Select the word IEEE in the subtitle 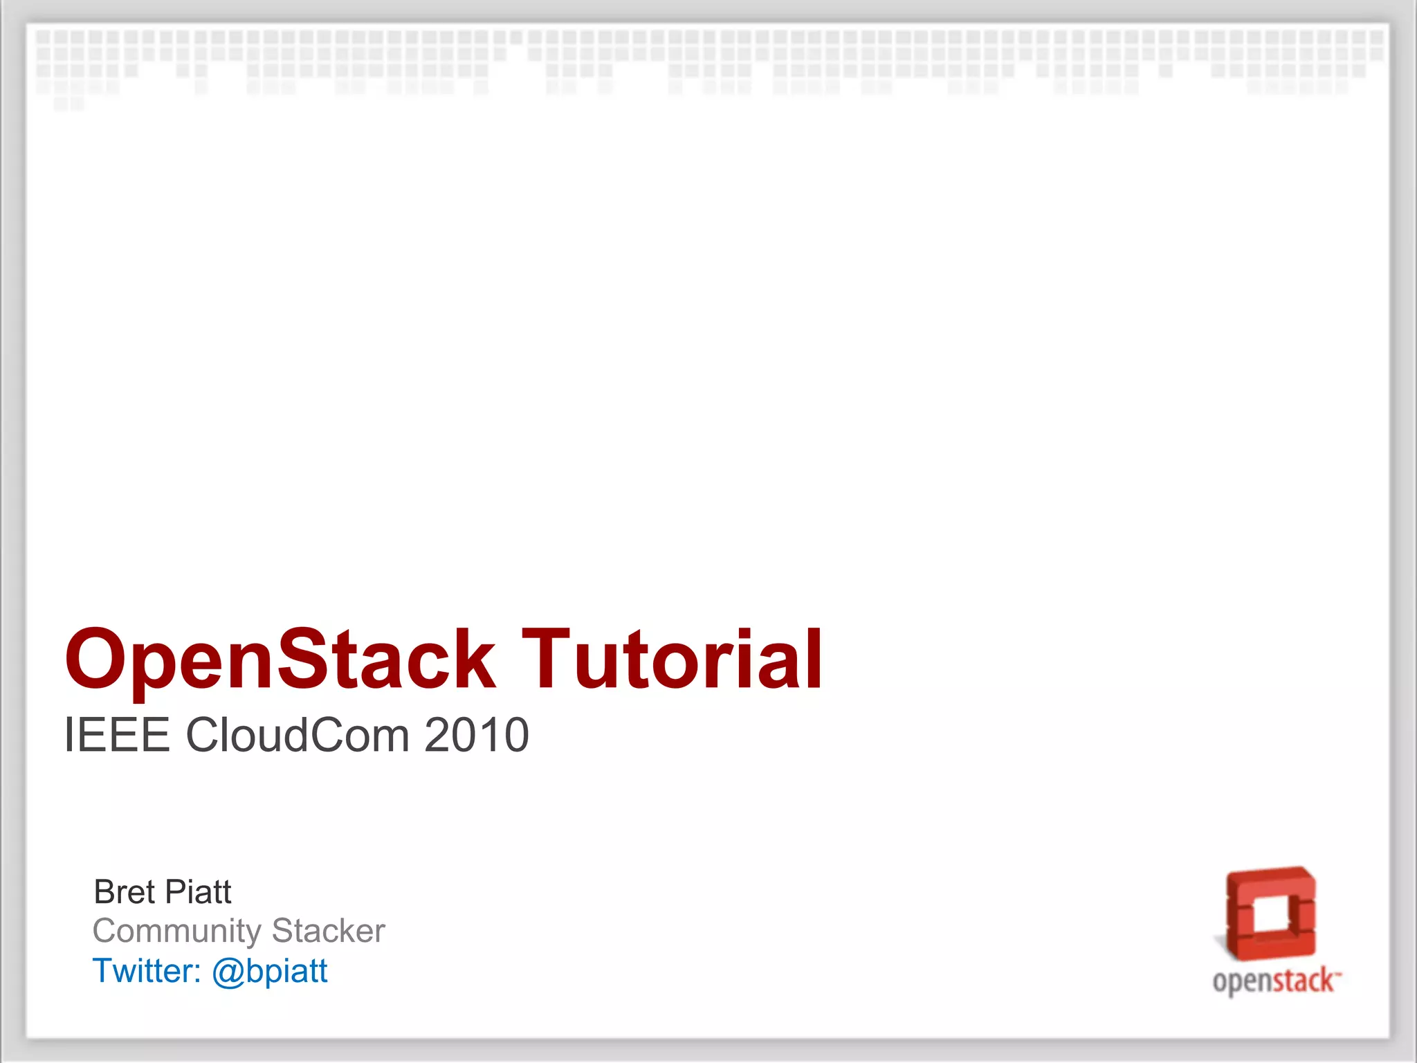coord(116,735)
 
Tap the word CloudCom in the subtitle coord(297,735)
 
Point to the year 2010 coord(477,735)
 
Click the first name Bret coord(124,892)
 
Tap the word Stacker coord(329,931)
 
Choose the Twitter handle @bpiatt coord(269,971)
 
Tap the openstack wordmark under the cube coord(1273,981)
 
